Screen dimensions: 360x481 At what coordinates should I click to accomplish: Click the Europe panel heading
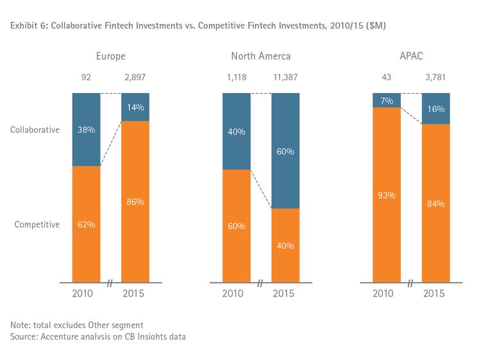click(x=110, y=56)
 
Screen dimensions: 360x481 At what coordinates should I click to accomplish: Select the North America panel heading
click(x=260, y=56)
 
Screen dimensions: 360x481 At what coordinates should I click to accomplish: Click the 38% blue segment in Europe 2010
click(x=86, y=129)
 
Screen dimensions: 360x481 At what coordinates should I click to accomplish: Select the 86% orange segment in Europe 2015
click(x=135, y=201)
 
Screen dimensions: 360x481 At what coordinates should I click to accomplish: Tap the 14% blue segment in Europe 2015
click(x=135, y=107)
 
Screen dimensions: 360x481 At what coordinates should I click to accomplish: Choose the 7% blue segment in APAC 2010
click(x=386, y=100)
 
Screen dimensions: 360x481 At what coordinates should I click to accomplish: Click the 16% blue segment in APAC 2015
click(x=435, y=108)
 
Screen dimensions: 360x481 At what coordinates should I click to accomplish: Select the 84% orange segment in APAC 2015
click(x=435, y=203)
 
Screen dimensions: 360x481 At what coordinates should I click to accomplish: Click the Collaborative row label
click(x=35, y=130)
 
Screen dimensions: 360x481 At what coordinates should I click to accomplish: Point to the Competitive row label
click(x=36, y=225)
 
